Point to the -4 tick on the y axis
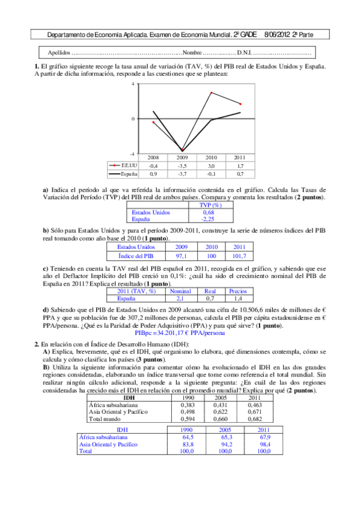(133, 154)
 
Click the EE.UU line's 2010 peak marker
(212, 93)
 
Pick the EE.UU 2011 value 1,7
(240, 165)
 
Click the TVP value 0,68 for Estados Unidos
(208, 212)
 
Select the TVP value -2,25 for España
(208, 220)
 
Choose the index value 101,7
(239, 255)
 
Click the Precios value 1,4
(239, 298)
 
